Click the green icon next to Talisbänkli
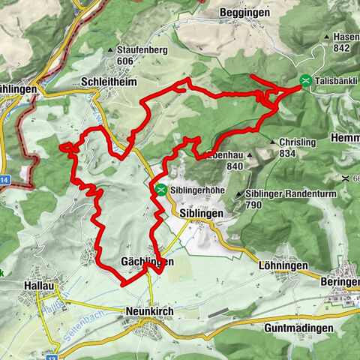[305, 80]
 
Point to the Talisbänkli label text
[337, 80]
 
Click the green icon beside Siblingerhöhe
[161, 189]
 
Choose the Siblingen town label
[202, 214]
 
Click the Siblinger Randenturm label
[288, 193]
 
